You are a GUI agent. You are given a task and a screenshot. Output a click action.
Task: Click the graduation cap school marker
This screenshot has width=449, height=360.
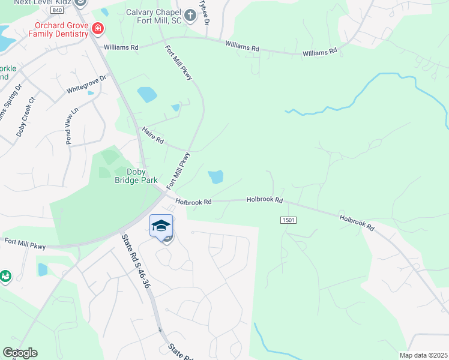pos(161,226)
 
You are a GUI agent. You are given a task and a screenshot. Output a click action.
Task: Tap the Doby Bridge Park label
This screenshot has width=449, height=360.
pos(136,175)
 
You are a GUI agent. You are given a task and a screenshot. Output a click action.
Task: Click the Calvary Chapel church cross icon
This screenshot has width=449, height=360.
pos(190,15)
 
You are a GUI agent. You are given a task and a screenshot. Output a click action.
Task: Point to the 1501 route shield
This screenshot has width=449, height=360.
pos(288,221)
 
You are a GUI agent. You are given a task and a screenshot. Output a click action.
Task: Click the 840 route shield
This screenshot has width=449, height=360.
pos(57,11)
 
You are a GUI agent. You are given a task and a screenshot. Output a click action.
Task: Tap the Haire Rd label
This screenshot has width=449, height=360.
pos(152,135)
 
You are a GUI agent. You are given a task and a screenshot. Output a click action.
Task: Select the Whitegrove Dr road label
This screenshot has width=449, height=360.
pos(86,83)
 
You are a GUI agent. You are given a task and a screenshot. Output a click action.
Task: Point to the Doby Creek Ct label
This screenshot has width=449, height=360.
pos(26,117)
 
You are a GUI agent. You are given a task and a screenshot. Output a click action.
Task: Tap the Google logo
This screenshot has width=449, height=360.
pos(20,353)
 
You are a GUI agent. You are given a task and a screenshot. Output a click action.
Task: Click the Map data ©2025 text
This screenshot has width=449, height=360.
pos(423,355)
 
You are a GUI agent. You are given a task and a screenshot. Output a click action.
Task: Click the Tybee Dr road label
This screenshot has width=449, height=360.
pos(205,11)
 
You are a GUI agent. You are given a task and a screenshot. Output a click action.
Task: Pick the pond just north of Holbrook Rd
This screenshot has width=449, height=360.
pos(215,176)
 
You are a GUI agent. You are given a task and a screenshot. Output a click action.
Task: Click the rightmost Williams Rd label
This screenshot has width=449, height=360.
pos(320,53)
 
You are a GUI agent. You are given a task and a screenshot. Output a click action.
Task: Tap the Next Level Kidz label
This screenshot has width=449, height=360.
pos(43,2)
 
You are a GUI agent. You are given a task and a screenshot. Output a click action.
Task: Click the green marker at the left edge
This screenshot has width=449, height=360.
pos(5,277)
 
